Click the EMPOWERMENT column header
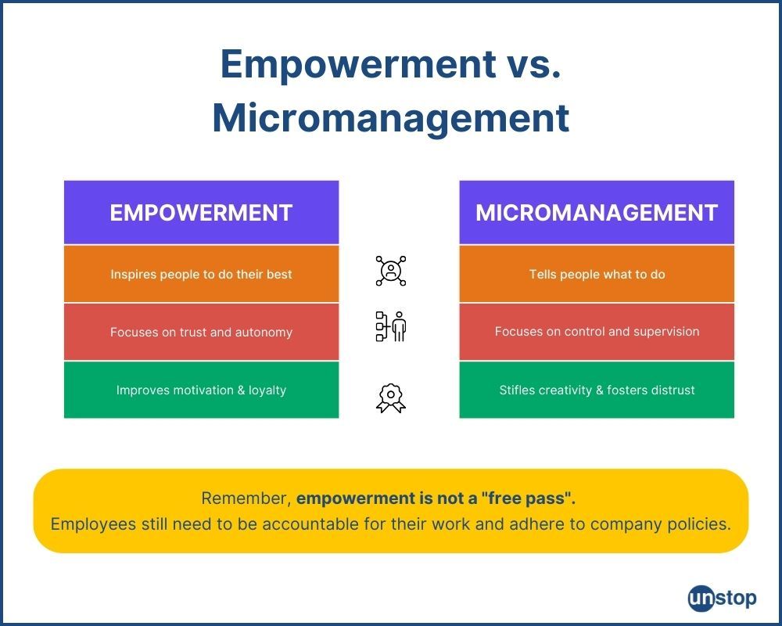click(x=202, y=213)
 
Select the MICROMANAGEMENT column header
click(x=597, y=213)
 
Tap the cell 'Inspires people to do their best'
click(x=202, y=274)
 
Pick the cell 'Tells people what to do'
click(x=597, y=274)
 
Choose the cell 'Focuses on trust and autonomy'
click(x=202, y=332)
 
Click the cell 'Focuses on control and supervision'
click(x=597, y=332)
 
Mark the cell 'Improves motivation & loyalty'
click(x=202, y=390)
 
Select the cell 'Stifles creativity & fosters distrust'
click(x=597, y=390)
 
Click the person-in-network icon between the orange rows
click(x=391, y=271)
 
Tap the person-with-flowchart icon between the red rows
click(x=391, y=326)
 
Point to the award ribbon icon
click(x=391, y=398)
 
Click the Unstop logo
click(x=722, y=598)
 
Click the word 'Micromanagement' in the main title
click(x=391, y=118)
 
